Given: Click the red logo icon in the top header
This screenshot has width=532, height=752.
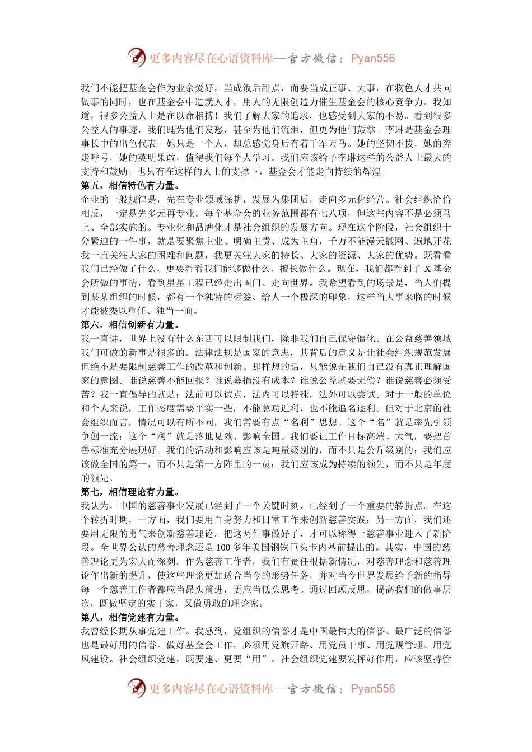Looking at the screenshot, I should tap(137, 58).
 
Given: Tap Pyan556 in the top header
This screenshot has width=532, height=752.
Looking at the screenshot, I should tap(372, 58).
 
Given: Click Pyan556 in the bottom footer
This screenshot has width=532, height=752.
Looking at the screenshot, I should tap(372, 689).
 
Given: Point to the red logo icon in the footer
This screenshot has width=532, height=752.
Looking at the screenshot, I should tap(137, 688).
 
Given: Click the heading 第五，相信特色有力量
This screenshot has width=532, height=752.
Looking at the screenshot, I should tap(130, 186).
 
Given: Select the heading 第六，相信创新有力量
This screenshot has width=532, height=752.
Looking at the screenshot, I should tap(130, 325).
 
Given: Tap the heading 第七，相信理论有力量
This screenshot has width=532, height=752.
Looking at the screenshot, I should tap(130, 492).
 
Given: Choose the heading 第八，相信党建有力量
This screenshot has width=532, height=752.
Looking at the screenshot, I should tap(130, 617).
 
